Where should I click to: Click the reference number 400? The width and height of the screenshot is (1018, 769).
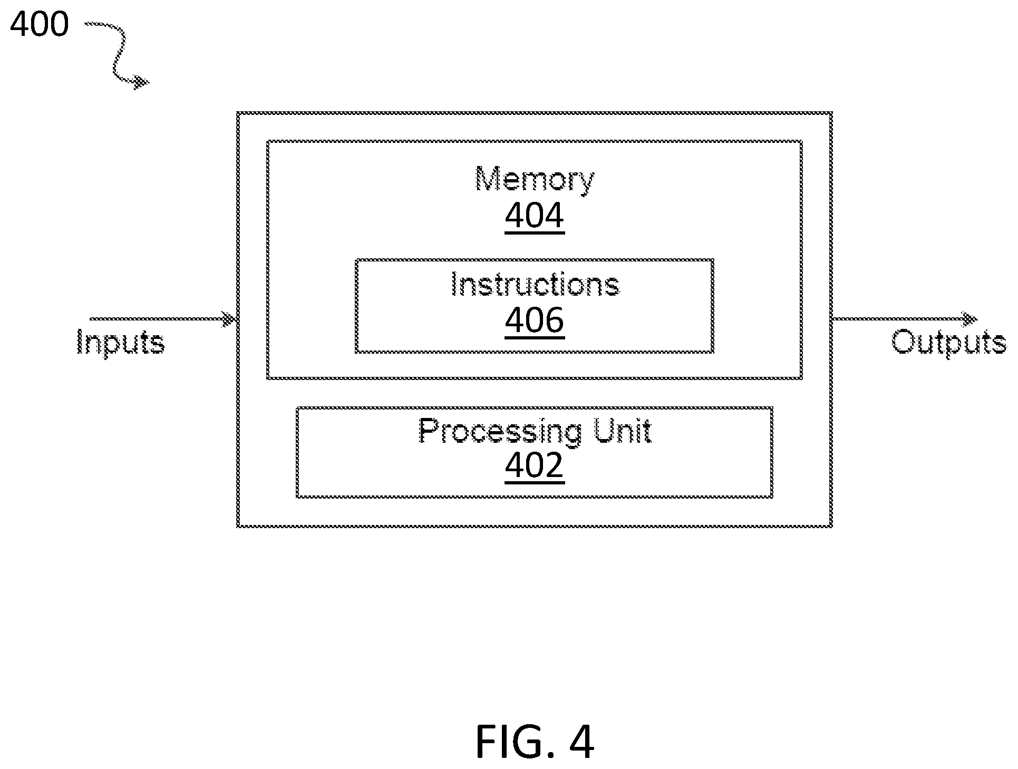(x=40, y=25)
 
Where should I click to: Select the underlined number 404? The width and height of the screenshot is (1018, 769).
(x=535, y=216)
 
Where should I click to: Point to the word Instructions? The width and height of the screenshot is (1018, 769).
(x=535, y=285)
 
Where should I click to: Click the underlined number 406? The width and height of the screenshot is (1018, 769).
(x=535, y=320)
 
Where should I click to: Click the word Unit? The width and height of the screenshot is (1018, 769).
(x=623, y=431)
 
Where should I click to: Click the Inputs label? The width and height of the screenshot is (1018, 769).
(x=121, y=343)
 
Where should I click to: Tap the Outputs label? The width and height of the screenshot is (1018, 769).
(x=949, y=343)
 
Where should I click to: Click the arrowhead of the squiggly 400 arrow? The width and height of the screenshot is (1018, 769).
(x=141, y=82)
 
